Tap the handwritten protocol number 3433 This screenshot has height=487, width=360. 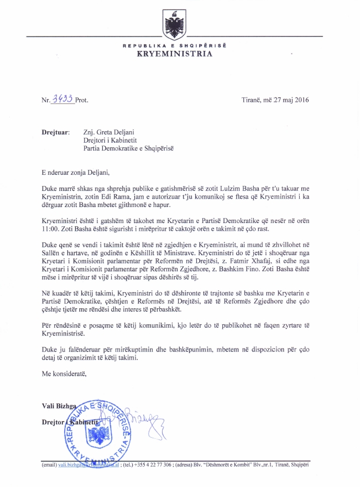click(x=62, y=99)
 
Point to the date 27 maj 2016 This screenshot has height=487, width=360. click(x=290, y=100)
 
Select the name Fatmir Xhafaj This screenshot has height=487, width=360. click(x=276, y=267)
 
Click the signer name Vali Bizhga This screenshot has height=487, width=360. click(x=60, y=406)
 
